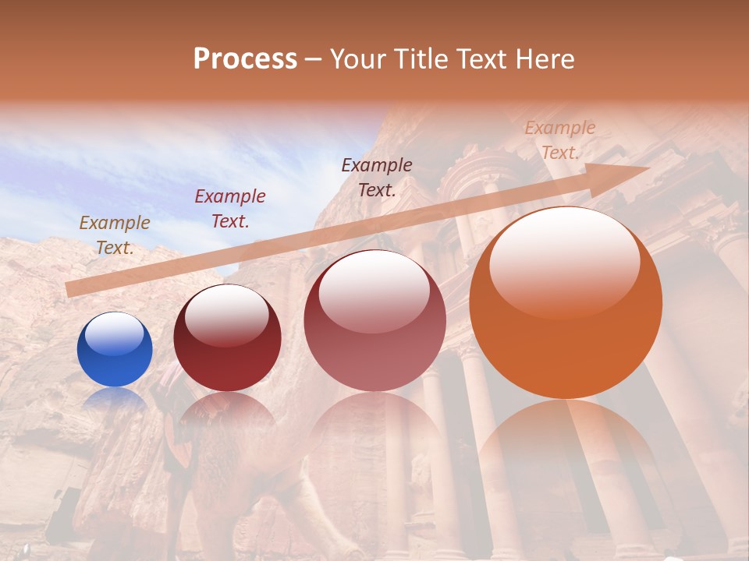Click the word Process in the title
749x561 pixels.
coord(245,59)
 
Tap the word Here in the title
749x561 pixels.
coord(545,59)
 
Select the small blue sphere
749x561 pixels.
coord(115,349)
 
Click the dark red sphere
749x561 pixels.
coord(227,337)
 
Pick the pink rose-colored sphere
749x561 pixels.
coord(374,321)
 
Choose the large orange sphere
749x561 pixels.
coord(566,302)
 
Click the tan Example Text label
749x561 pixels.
coord(115,235)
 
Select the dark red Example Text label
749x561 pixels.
coord(230,209)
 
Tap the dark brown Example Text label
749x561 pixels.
coord(377,177)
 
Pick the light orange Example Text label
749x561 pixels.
coord(559,140)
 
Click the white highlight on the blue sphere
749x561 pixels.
coord(114,333)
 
